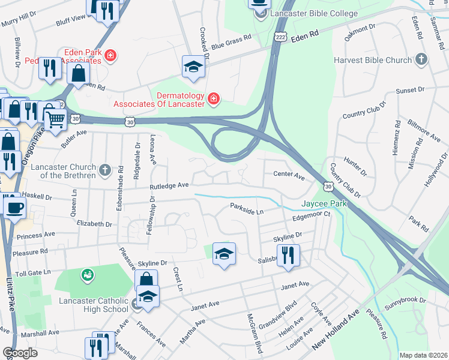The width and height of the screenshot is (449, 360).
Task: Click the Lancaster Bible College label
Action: (x=314, y=13)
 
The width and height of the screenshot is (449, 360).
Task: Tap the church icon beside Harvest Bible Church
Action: (x=421, y=59)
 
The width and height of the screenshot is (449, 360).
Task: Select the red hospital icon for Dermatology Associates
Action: (x=212, y=99)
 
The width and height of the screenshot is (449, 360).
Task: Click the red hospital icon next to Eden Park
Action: (x=110, y=57)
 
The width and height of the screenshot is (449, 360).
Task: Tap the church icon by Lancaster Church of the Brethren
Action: (x=105, y=170)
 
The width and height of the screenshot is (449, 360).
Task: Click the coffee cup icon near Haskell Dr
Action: (x=14, y=208)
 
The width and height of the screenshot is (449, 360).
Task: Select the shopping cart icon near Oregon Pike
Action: (x=55, y=119)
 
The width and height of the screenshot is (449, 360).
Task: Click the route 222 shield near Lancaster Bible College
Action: (x=280, y=37)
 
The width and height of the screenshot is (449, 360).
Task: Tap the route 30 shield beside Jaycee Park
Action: (x=328, y=187)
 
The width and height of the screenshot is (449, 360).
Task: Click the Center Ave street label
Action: (x=289, y=176)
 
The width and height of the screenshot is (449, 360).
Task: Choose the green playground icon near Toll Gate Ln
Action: (x=88, y=275)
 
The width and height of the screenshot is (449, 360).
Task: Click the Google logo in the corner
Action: (x=20, y=353)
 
